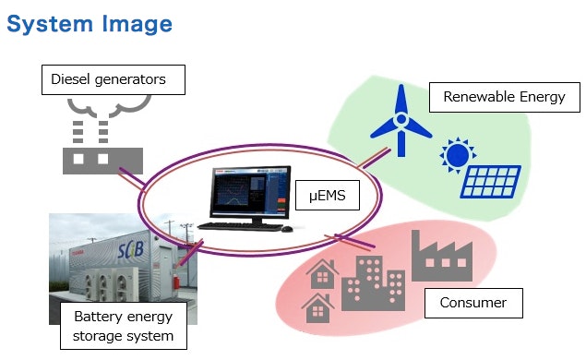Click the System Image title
(x=90, y=22)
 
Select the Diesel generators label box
(x=114, y=79)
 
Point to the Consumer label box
(x=472, y=303)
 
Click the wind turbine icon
(x=401, y=120)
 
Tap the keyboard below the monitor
(x=241, y=226)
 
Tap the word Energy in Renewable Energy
(x=541, y=97)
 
